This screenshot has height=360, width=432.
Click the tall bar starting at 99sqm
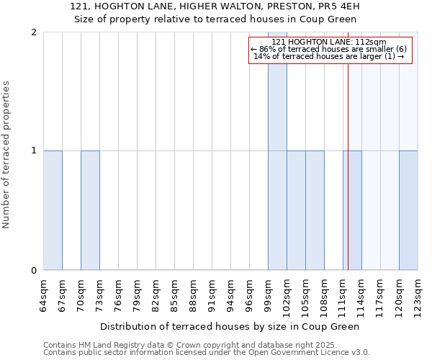[277, 151]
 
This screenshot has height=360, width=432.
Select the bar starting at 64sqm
[53, 210]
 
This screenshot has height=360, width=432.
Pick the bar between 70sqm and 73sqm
[90, 210]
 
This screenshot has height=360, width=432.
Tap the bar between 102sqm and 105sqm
[296, 210]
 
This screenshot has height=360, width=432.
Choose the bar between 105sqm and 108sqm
[315, 210]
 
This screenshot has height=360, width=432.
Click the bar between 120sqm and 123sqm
[408, 210]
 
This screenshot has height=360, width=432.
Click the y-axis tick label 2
[34, 32]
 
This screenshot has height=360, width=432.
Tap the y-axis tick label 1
[34, 151]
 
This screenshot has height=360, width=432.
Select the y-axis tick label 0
[34, 271]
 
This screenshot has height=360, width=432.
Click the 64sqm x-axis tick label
[43, 294]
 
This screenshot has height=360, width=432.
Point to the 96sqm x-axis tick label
[249, 294]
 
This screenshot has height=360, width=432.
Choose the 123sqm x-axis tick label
[418, 294]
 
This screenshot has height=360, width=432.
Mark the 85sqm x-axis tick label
[174, 294]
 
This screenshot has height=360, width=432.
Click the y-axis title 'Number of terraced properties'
[6, 155]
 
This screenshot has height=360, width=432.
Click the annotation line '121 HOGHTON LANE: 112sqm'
[330, 42]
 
